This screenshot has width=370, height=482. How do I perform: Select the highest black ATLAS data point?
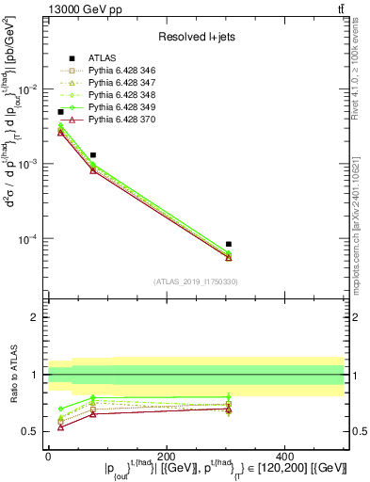61,112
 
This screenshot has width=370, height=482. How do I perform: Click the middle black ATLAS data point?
93,154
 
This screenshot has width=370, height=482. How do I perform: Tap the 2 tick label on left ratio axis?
36,318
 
